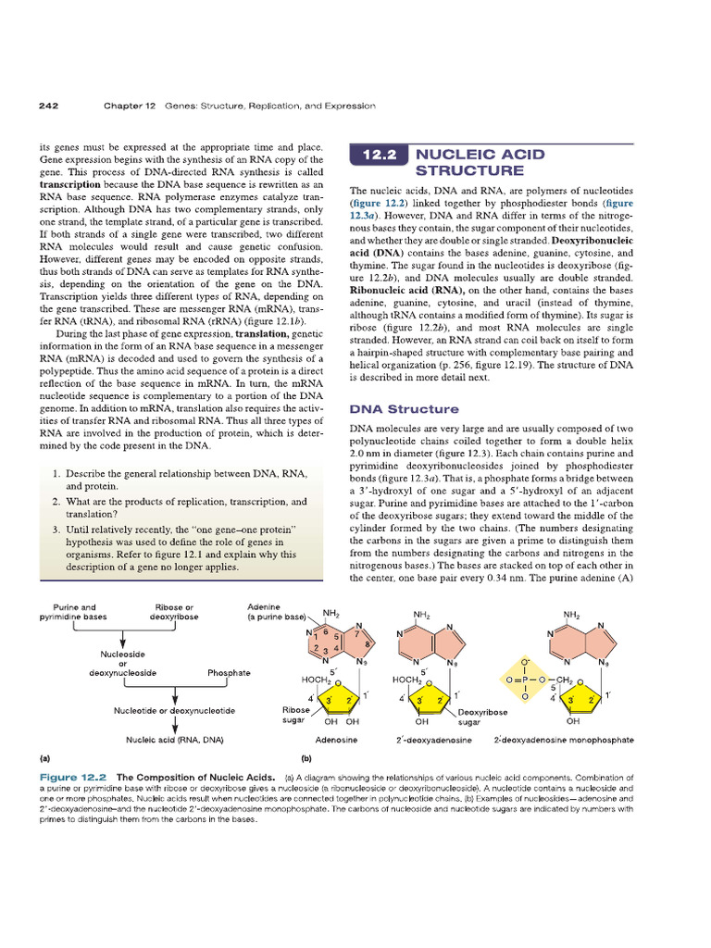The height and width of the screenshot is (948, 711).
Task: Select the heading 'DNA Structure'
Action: tap(403, 408)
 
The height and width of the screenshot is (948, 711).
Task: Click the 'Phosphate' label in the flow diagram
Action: tap(229, 673)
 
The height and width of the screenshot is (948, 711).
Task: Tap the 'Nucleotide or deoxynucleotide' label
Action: tap(174, 711)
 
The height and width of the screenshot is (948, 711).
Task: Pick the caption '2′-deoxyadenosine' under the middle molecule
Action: tap(434, 741)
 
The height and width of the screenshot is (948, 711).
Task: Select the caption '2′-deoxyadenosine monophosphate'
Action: tap(564, 741)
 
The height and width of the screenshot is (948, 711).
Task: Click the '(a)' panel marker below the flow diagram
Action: tap(44, 757)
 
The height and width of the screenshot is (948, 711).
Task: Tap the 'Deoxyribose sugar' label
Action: tap(482, 717)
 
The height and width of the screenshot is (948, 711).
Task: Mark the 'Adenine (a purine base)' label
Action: tap(276, 612)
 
